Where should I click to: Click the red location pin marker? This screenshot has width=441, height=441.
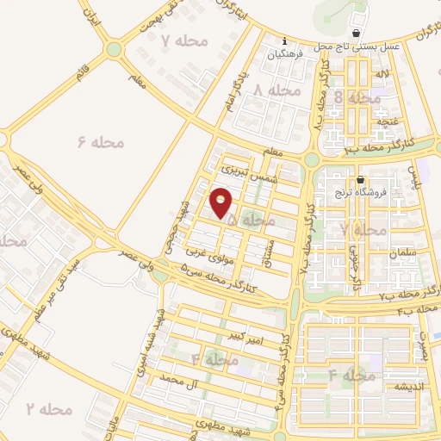click(221, 203)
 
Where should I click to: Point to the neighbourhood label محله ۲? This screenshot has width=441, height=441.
click(48, 407)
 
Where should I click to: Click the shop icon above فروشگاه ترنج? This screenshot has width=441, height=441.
click(359, 180)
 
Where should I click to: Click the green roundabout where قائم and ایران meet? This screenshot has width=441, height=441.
click(113, 49)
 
